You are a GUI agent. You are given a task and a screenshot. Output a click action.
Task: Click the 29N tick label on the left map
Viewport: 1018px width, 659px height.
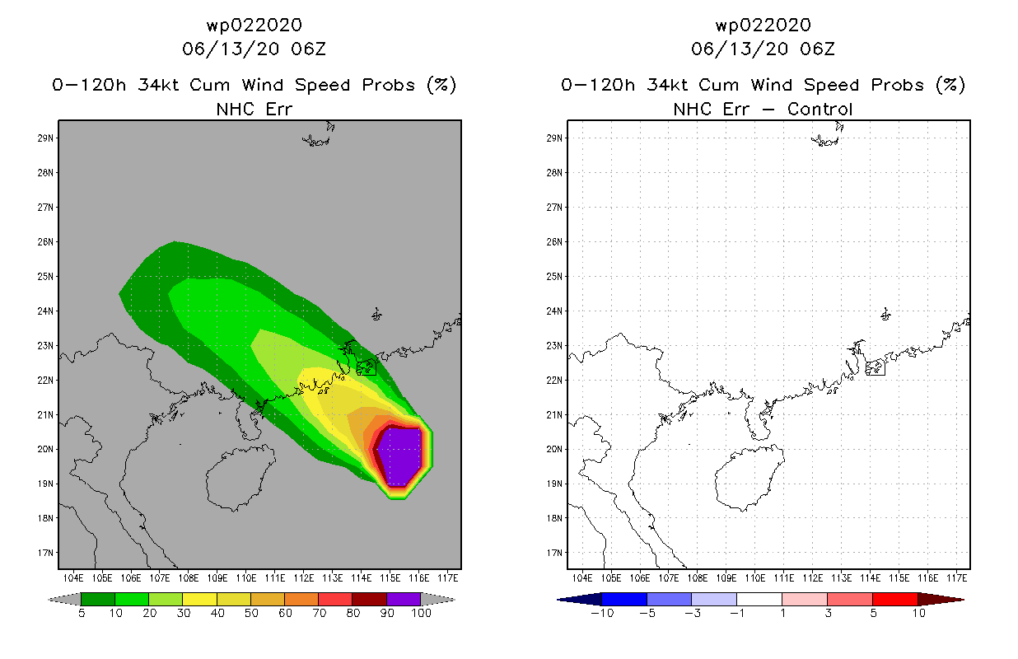[x=45, y=138]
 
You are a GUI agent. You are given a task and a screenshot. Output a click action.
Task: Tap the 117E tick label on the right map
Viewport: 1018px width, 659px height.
[x=957, y=578]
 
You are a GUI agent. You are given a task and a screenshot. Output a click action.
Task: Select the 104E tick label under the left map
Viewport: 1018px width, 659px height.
[x=73, y=578]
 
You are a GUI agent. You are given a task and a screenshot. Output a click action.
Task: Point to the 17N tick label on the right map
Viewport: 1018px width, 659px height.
[x=554, y=553]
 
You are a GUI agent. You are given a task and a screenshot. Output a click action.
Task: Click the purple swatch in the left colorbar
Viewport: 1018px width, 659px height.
[x=404, y=599]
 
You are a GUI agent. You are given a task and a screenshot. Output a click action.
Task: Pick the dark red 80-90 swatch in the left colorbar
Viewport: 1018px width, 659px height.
[x=370, y=599]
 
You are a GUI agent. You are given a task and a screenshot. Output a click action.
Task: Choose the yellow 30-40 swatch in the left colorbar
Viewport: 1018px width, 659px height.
[x=200, y=599]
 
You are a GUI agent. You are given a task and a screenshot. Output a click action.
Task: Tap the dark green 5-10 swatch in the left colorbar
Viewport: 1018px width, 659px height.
[x=98, y=599]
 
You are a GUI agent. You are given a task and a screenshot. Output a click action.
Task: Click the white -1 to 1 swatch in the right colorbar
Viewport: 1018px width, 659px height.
[x=759, y=599]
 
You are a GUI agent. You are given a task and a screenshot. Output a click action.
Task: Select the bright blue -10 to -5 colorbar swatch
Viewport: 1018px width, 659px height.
[x=624, y=599]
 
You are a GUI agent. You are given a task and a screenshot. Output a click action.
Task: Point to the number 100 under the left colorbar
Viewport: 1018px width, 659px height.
[x=421, y=613]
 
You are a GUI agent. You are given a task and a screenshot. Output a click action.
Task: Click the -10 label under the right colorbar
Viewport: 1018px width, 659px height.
[x=602, y=613]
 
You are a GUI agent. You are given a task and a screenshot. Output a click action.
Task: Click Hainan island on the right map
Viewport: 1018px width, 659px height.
[x=749, y=477]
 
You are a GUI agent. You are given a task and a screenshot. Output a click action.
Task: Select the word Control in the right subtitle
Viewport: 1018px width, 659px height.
[x=820, y=109]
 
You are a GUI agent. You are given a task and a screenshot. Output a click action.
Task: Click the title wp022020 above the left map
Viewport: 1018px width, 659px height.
[x=254, y=25]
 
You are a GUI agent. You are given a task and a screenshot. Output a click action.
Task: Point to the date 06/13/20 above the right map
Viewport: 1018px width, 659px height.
[x=740, y=49]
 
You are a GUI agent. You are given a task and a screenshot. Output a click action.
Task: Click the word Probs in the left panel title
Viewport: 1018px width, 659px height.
[x=389, y=85]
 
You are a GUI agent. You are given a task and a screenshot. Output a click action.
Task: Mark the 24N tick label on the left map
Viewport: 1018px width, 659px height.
[x=45, y=311]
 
